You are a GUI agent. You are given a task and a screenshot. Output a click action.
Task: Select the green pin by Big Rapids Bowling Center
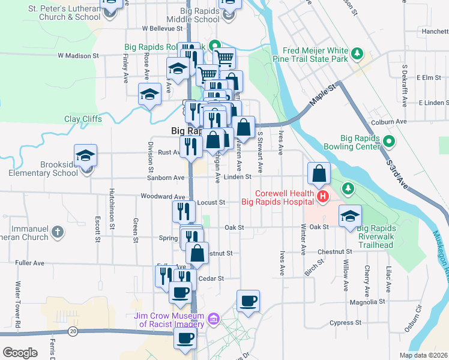tap(388, 142)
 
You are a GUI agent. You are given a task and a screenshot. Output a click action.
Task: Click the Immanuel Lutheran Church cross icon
tap(58, 232)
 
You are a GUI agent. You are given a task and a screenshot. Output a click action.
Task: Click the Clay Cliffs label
tap(83, 119)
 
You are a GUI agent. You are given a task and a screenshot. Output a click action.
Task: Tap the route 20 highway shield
tap(73, 331)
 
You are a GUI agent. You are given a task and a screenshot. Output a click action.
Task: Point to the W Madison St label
tap(78, 55)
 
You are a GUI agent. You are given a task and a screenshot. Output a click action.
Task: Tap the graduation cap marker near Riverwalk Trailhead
tap(349, 217)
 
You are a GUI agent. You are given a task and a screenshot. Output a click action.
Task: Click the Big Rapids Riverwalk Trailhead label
tap(384, 236)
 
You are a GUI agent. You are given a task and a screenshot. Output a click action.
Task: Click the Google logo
tap(20, 352)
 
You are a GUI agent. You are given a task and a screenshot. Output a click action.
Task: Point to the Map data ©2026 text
tap(423, 355)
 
